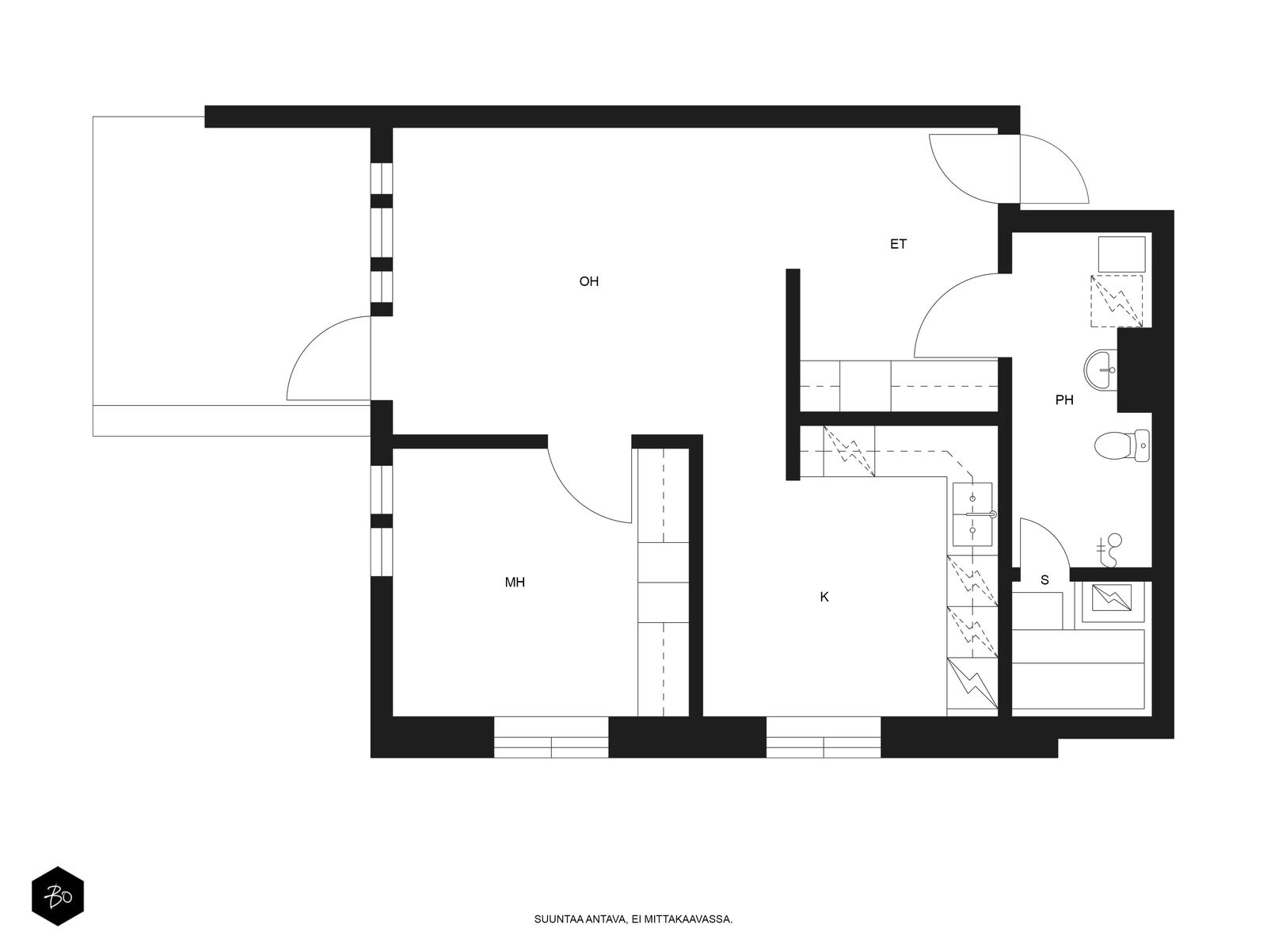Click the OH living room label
point(588,281)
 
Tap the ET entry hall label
point(897,244)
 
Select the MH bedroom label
point(514,582)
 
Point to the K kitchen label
point(824,597)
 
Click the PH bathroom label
point(1063,399)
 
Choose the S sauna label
point(1044,580)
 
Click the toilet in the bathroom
point(1121,445)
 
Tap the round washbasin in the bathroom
point(1100,369)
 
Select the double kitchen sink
point(972,514)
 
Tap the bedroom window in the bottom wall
point(551,737)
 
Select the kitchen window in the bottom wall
point(823,737)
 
